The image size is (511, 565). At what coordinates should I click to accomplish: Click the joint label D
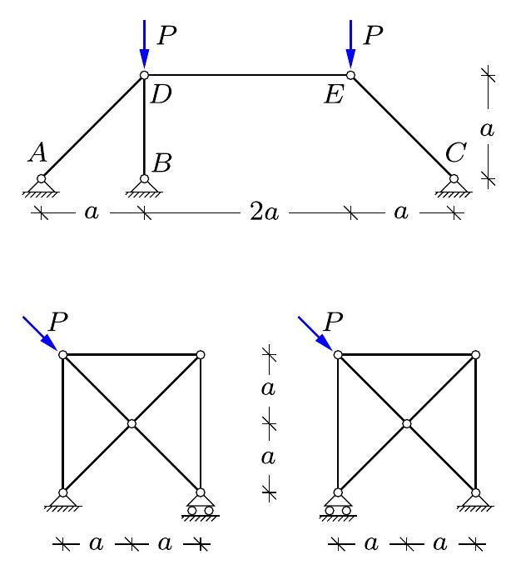[161, 94]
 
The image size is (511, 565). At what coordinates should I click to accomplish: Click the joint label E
[334, 94]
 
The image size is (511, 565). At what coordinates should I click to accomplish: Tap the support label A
[37, 152]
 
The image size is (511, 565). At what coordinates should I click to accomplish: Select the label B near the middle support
[161, 162]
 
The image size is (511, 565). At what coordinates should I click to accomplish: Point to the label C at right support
[454, 153]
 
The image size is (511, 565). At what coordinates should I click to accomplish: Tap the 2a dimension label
[264, 213]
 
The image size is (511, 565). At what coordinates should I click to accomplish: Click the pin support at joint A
[41, 186]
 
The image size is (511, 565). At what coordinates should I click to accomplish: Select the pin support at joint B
[144, 186]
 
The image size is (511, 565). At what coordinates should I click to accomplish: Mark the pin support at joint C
[454, 186]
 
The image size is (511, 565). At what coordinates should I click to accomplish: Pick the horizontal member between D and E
[247, 75]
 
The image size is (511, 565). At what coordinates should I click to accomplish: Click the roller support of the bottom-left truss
[200, 505]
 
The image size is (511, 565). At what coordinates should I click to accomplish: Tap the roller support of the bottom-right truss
[338, 505]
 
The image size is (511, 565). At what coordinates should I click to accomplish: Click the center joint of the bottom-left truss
[131, 424]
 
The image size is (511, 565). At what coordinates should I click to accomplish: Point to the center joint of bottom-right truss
[407, 424]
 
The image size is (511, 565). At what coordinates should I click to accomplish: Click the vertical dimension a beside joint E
[488, 128]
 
